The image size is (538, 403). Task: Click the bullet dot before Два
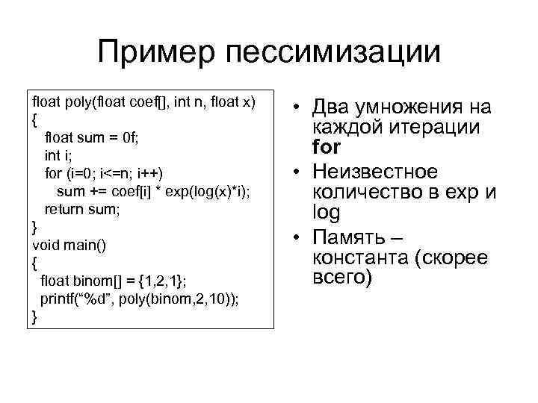(x=297, y=108)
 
